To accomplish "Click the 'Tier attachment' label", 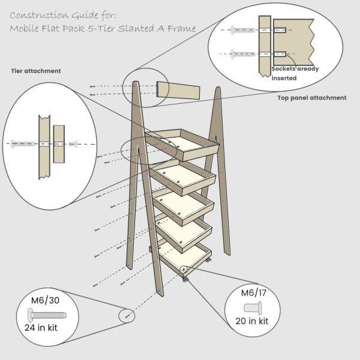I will [35, 71].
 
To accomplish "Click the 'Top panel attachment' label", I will [311, 98].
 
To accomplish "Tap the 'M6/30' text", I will [46, 300].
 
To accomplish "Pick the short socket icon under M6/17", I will [251, 307].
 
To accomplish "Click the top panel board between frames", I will [178, 90].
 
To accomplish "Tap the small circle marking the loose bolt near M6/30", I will [127, 315].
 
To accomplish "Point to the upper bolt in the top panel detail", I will [242, 29].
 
